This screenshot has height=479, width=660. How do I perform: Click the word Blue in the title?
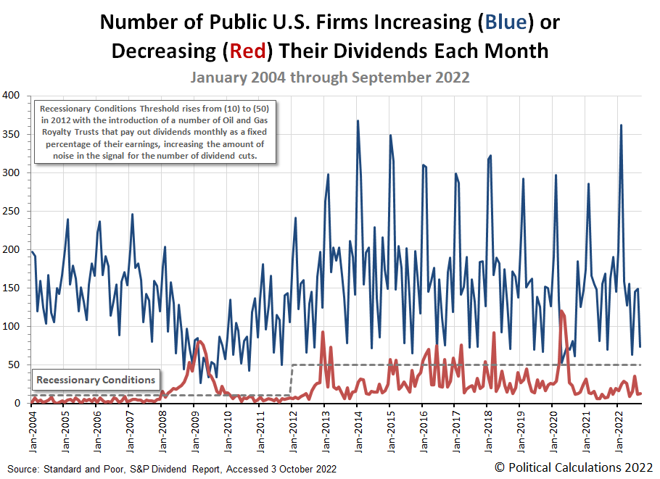tap(505, 22)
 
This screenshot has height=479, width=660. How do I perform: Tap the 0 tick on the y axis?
tap(17, 403)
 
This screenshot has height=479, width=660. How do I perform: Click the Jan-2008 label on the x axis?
tap(162, 428)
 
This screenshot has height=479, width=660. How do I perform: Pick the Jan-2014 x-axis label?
tap(358, 428)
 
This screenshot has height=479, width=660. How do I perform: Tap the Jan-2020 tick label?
tap(553, 428)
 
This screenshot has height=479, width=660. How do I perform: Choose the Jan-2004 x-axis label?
tap(31, 428)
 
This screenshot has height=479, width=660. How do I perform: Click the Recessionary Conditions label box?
tap(96, 380)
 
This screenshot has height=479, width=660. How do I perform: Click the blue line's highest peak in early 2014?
tap(358, 121)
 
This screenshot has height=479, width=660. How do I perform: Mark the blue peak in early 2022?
tap(621, 125)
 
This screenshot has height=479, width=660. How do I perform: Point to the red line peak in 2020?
tap(562, 311)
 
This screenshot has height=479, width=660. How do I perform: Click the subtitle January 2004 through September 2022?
tap(330, 78)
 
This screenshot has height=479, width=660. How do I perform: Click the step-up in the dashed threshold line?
tap(291, 380)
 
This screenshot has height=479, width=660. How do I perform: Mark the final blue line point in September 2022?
tap(640, 346)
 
